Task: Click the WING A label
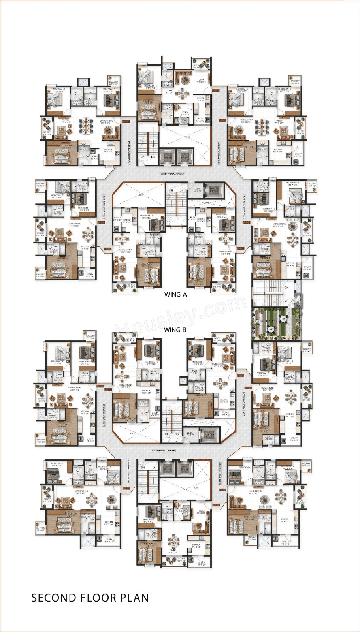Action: [x=175, y=294]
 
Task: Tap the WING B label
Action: [x=175, y=329]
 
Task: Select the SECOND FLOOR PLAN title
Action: [x=90, y=598]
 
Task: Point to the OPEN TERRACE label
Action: [x=266, y=322]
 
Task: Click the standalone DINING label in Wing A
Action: [x=170, y=90]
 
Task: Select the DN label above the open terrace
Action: [x=286, y=288]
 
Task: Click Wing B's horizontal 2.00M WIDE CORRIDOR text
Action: [x=163, y=450]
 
